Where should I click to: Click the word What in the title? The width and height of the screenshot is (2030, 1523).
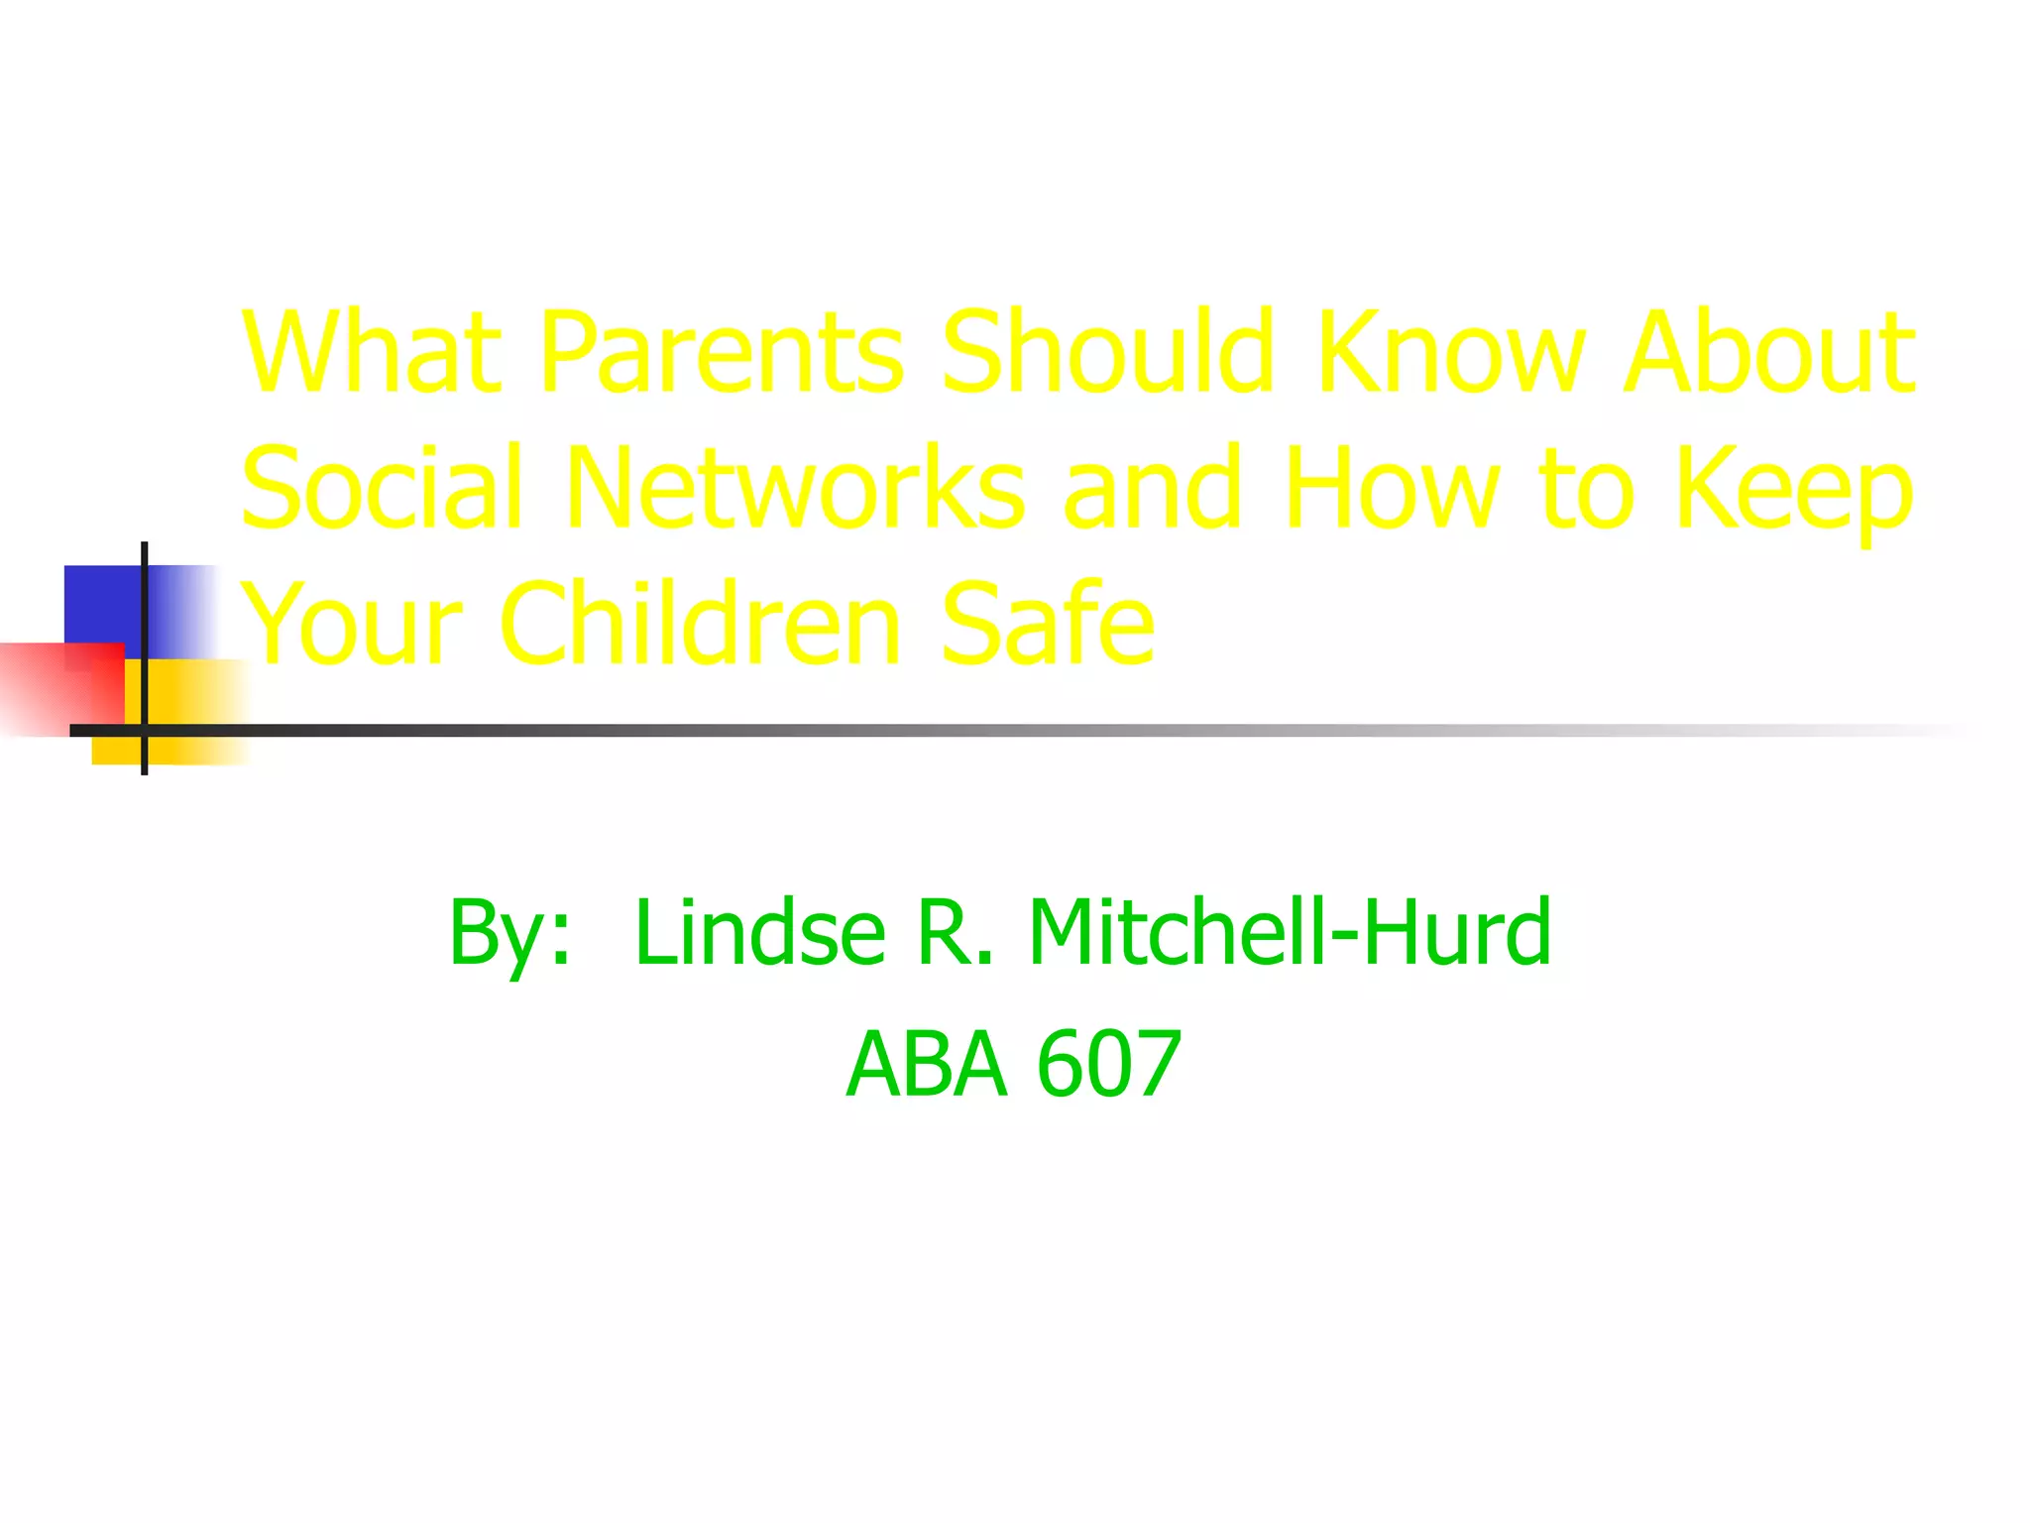372,352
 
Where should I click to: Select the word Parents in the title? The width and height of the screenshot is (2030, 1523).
722,352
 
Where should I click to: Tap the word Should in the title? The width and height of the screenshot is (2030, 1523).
1107,352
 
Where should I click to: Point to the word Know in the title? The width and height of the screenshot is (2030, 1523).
1451,352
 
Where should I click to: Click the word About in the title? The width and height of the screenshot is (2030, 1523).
1768,352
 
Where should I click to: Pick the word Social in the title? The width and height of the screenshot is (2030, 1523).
382,488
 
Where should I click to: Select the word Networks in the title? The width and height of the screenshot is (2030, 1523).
796,488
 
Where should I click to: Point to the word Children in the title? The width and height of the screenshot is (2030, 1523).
701,624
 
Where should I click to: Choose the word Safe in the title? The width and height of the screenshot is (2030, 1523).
1047,624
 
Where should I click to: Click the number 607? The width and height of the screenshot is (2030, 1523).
1109,1065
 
